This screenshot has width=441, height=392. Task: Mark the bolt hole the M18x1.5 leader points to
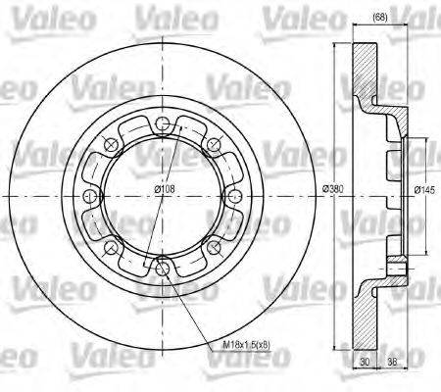pyautogui.click(x=158, y=263)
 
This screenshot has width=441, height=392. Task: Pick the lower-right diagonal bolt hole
pyautogui.click(x=209, y=242)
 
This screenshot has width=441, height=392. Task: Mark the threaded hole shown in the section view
pyautogui.click(x=395, y=265)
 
